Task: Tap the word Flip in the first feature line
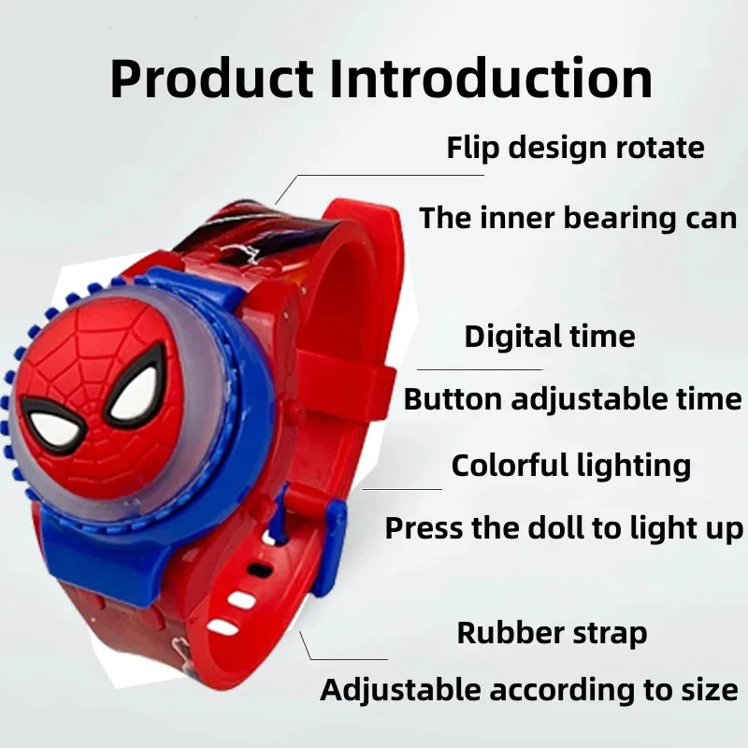pyautogui.click(x=467, y=148)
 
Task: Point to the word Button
pyautogui.click(x=453, y=399)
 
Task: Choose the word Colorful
pyautogui.click(x=511, y=465)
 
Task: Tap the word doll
pyautogui.click(x=557, y=528)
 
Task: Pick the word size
pyautogui.click(x=707, y=692)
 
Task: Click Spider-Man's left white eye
pyautogui.click(x=52, y=421)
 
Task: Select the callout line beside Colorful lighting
pyautogui.click(x=402, y=488)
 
